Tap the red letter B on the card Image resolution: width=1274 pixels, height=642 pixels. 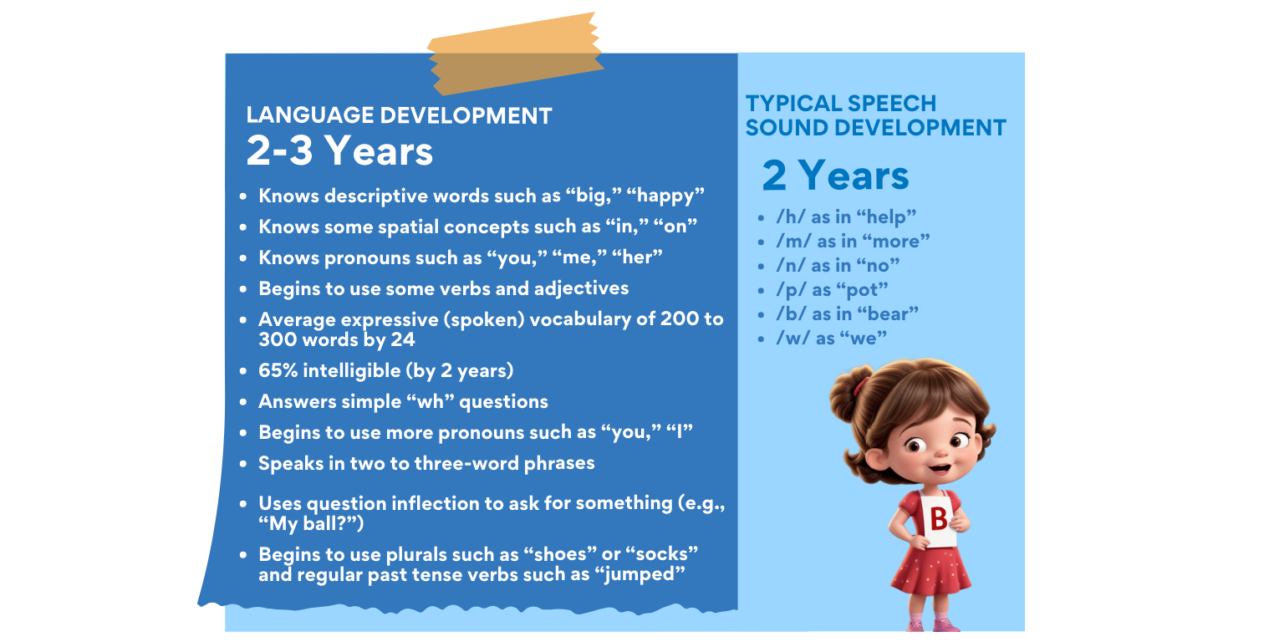coord(939,518)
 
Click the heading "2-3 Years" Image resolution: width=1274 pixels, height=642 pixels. coord(339,151)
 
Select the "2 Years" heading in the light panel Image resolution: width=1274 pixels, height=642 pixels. coord(835,176)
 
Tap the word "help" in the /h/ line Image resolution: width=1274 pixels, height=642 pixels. coord(886,217)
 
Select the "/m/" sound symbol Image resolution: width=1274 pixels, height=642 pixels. coord(793,242)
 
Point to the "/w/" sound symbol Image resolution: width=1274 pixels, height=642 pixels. coord(792,339)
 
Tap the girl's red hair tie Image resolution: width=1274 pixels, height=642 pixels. coord(859,385)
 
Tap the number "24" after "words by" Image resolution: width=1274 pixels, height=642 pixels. coord(403,340)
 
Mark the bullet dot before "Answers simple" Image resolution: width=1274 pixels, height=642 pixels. coord(243,402)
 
